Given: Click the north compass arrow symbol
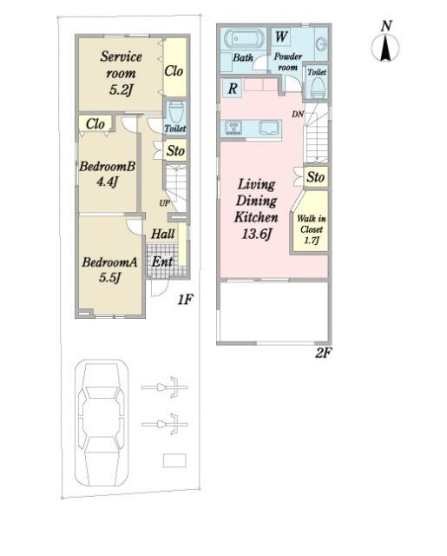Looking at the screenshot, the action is click(385, 48).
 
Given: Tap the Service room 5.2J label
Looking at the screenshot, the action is click(121, 73).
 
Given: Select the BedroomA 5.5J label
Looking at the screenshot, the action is click(109, 269).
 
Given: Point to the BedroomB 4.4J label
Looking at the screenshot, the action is click(107, 174).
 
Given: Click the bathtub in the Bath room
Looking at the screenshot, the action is click(244, 38).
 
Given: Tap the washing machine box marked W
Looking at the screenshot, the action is click(281, 36).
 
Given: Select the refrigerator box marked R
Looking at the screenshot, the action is click(233, 89).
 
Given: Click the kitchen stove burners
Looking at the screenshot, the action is click(233, 128).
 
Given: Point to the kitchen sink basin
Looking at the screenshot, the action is click(270, 128).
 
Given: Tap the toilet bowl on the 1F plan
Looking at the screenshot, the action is click(175, 111).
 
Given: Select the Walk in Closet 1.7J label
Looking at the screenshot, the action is click(311, 229).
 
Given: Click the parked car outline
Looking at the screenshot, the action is click(102, 423).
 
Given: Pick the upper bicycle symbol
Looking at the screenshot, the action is click(165, 387).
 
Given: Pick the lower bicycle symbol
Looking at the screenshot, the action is click(165, 424).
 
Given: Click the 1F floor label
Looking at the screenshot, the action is click(185, 300).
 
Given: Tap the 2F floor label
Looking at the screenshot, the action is click(323, 353).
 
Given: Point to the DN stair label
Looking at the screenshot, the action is click(298, 114).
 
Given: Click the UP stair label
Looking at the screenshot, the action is click(164, 203).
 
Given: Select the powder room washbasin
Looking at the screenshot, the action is click(322, 45).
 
